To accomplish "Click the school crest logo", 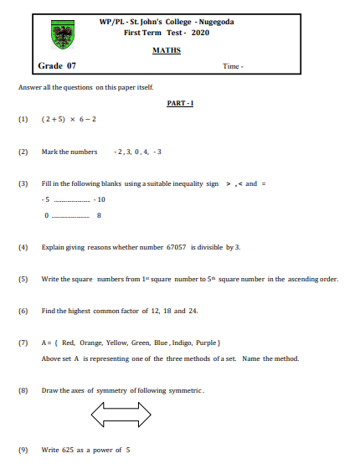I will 63,33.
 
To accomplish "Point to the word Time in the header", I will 230,66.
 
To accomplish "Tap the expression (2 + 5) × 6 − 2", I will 69,119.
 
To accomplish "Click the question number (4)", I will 23,248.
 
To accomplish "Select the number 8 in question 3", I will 99,216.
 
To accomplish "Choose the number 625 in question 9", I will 74,451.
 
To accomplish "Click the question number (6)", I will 23,311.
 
